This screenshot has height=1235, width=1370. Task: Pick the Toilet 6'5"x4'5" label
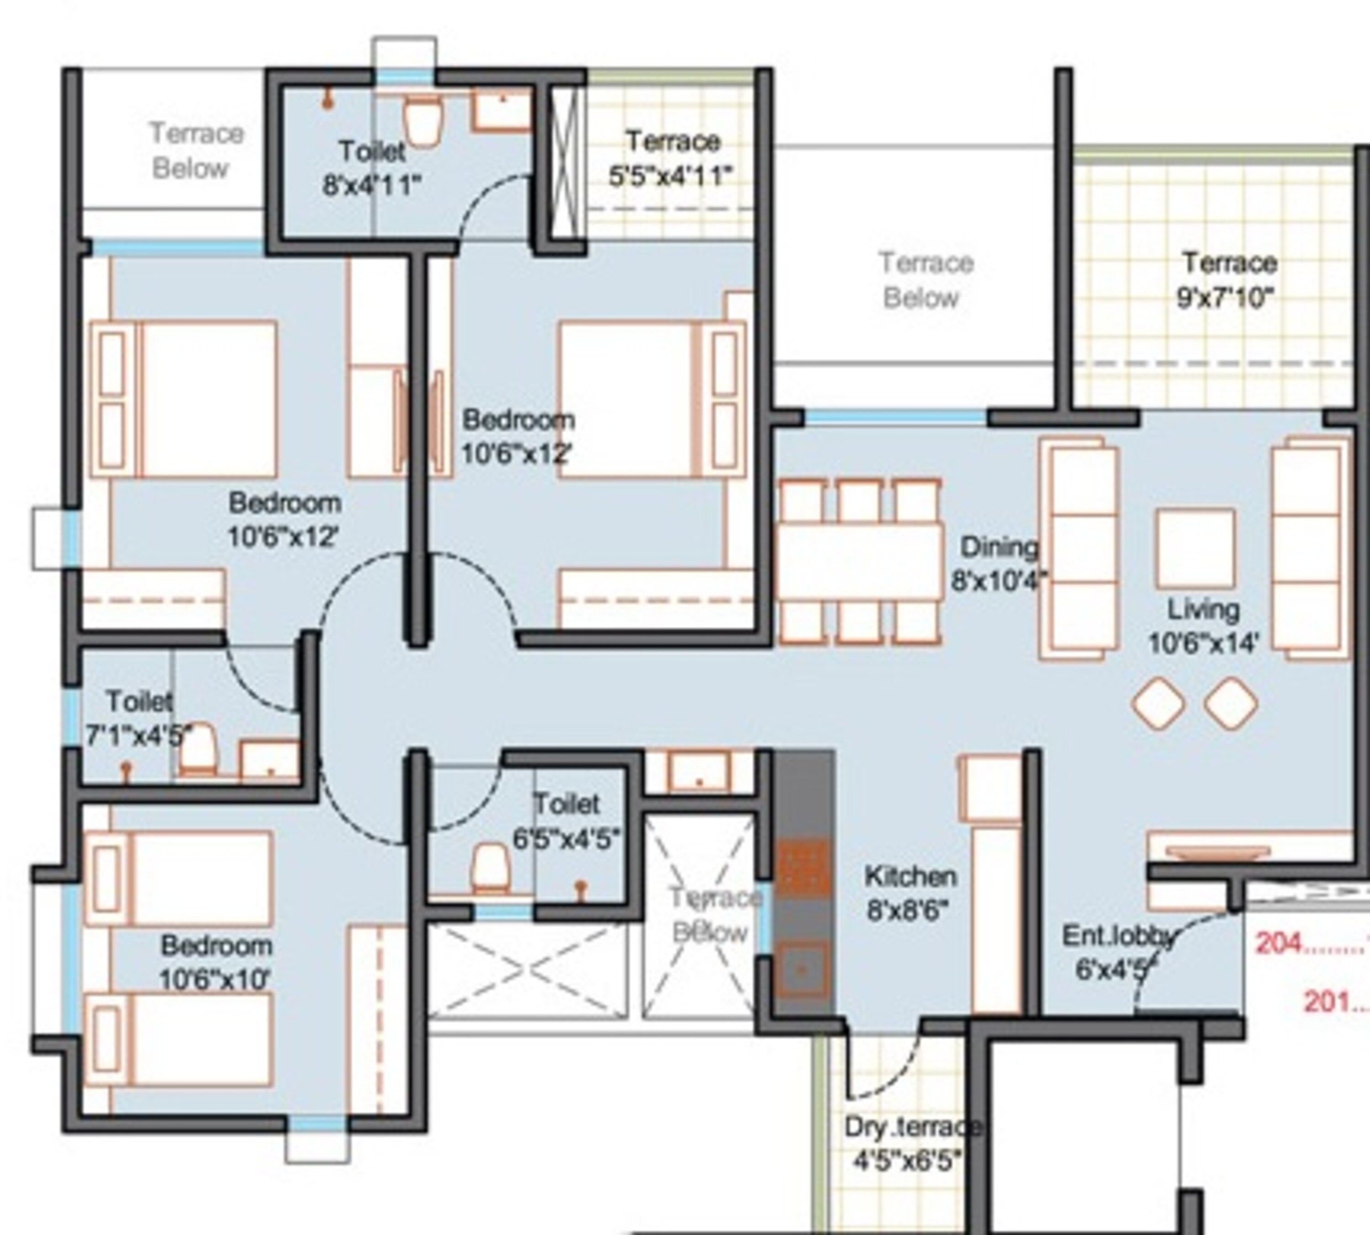pyautogui.click(x=566, y=821)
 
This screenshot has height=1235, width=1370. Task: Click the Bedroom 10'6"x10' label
pyautogui.click(x=216, y=962)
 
